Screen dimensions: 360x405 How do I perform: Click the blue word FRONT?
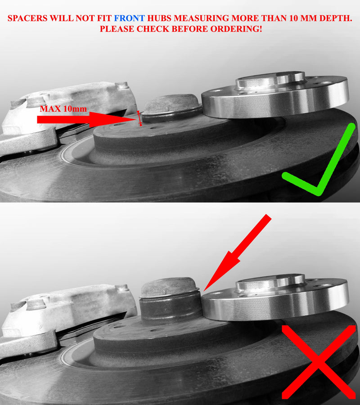tap(130, 18)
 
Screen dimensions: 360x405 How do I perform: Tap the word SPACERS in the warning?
tap(27, 18)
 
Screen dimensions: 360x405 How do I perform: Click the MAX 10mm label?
tap(63, 109)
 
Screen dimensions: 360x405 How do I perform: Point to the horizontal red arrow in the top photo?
tap(86, 119)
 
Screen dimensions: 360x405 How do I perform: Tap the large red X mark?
tap(319, 362)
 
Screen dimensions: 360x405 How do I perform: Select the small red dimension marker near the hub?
tap(139, 118)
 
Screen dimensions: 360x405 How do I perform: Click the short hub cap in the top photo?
tap(172, 108)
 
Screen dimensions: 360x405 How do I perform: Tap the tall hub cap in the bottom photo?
tap(170, 301)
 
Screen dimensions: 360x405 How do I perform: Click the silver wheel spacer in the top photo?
tap(275, 94)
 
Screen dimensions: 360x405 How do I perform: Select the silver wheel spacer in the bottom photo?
tap(275, 297)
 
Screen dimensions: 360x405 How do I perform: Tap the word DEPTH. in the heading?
tap(336, 18)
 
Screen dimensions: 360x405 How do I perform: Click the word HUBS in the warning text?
tap(159, 18)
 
